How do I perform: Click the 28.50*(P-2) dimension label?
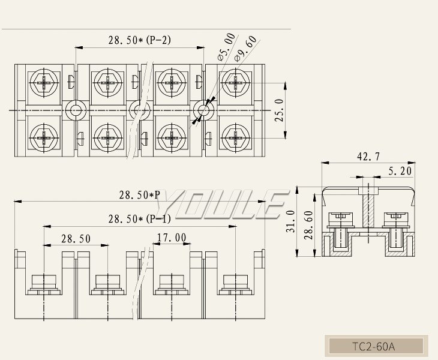coord(140,41)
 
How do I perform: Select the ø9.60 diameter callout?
coord(247,48)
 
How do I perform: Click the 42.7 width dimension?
coord(368,157)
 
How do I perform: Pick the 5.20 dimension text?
coord(400,171)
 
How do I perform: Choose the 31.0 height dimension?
coord(290,222)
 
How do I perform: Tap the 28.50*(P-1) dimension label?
coord(140,219)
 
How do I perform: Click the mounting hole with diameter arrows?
coord(204,110)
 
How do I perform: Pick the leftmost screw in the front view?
coord(44,282)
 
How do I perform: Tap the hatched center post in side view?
coord(368,210)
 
